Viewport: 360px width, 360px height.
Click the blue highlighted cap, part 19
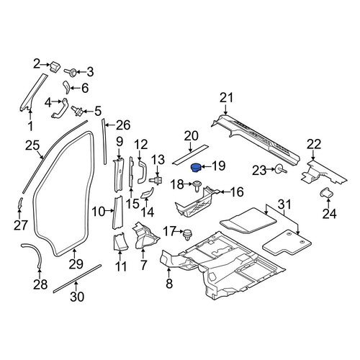[197, 167]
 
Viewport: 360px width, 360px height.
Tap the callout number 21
[227, 98]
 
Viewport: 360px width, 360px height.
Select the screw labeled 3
[71, 72]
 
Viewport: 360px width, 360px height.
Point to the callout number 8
[169, 284]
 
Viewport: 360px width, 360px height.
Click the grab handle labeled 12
[141, 172]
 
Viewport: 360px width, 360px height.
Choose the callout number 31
[284, 204]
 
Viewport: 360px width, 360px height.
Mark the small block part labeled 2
[55, 66]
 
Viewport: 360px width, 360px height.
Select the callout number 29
[76, 264]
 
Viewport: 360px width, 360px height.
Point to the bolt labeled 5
[77, 111]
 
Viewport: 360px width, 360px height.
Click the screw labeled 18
[197, 186]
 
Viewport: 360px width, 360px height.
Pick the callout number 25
[32, 145]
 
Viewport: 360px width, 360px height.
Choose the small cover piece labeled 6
[66, 87]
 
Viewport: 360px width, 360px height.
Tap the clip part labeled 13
[156, 179]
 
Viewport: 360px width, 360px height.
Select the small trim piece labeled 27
[20, 204]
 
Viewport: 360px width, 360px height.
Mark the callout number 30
[77, 296]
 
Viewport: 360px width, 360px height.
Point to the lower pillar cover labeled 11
[120, 242]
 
